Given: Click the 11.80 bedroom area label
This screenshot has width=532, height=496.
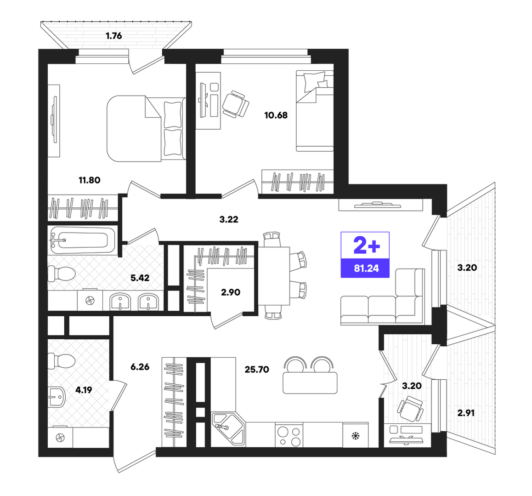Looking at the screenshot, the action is tap(90, 180).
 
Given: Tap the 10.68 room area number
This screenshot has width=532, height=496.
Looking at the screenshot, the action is tap(276, 115).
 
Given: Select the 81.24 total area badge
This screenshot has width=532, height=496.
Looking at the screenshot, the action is tap(365, 255).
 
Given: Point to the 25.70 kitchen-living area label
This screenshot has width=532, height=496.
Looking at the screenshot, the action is tap(257, 370).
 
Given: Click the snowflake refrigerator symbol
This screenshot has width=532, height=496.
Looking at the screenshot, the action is tap(355, 436).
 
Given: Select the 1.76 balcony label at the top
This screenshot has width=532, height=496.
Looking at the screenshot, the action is tap(113, 36).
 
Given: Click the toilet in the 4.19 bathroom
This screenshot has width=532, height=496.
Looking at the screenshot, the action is tap(61, 361).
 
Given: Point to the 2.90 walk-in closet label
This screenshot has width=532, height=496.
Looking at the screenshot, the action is tap(231, 292).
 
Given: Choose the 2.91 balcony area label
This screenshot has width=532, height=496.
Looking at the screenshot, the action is tap(466, 413).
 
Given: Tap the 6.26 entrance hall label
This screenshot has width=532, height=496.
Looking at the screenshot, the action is tap(140, 367).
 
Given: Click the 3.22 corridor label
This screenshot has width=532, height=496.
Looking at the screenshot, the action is tap(229, 220).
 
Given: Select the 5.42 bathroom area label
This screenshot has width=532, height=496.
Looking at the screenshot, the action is tap(140, 278).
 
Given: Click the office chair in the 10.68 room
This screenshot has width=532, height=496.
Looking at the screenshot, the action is tap(236, 104).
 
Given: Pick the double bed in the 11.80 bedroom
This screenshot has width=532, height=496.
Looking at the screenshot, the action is tap(146, 129).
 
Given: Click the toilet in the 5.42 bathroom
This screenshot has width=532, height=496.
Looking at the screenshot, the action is tap(61, 274).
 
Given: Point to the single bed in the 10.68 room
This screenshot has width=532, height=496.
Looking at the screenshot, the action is tap(315, 111).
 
